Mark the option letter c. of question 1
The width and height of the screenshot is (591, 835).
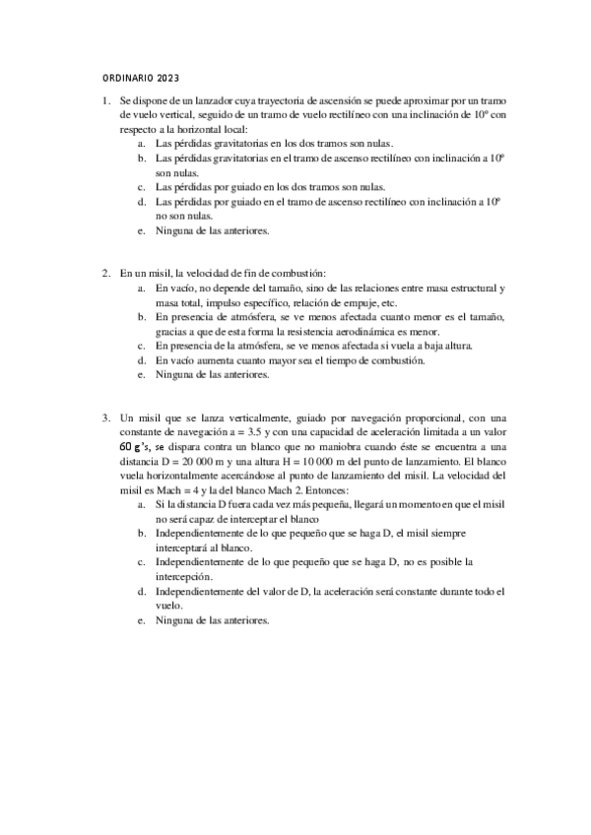(x=142, y=186)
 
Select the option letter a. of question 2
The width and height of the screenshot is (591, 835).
(x=142, y=288)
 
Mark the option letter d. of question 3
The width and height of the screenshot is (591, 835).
(x=142, y=592)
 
